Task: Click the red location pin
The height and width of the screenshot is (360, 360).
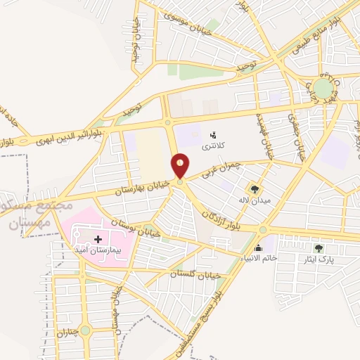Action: [x=181, y=166]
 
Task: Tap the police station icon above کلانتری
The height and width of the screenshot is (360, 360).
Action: [x=213, y=132]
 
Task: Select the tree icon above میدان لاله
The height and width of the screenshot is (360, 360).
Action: [x=254, y=189]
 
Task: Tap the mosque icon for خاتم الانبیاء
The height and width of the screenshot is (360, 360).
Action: [x=259, y=247]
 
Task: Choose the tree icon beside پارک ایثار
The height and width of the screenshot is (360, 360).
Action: [x=319, y=248]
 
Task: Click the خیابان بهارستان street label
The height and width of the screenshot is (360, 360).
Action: [x=146, y=186]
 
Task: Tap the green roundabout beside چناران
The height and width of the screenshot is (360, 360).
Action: [x=85, y=330]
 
